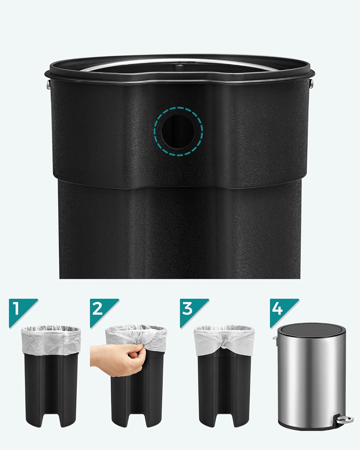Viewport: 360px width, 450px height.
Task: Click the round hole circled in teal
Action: click(x=178, y=132)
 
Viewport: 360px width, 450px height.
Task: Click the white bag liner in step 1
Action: click(x=51, y=340)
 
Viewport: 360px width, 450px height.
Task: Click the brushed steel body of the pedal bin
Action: click(x=312, y=379)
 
